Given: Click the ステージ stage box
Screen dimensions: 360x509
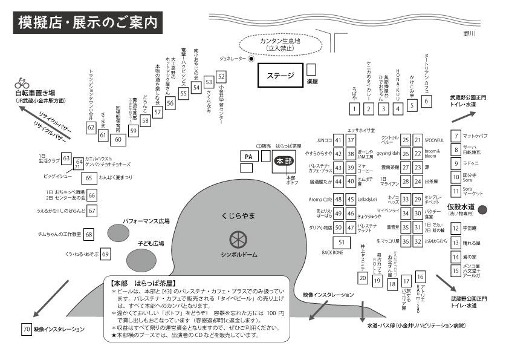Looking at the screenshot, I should coord(280,76).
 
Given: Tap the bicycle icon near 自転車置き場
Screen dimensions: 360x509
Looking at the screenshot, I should coord(22,83).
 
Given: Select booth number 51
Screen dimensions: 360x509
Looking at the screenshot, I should coord(342,242).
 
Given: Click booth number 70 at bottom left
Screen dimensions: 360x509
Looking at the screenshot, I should coord(26,329).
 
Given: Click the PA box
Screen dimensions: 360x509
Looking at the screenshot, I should coord(248,157).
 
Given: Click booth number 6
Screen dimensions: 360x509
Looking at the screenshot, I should coord(426,101).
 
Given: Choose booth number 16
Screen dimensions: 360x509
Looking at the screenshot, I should coord(421,277).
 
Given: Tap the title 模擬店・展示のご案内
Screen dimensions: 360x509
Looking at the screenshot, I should coord(88,23).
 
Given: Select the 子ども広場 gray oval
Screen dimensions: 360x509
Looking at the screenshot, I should coord(140,258).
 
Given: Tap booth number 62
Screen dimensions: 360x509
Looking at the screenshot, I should coord(91,127).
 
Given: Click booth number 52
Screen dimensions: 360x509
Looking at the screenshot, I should coord(221,77).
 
